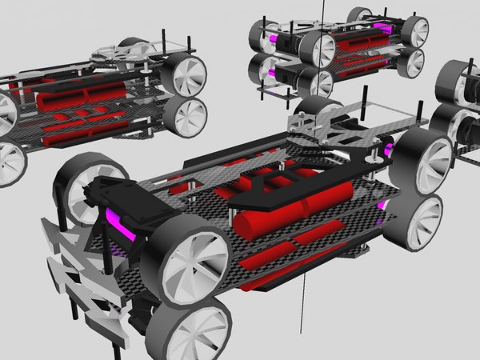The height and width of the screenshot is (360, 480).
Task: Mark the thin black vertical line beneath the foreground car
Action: [302, 304]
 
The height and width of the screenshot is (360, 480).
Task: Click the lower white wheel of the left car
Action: [186, 116]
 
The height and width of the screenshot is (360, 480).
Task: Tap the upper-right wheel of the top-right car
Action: [414, 30]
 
